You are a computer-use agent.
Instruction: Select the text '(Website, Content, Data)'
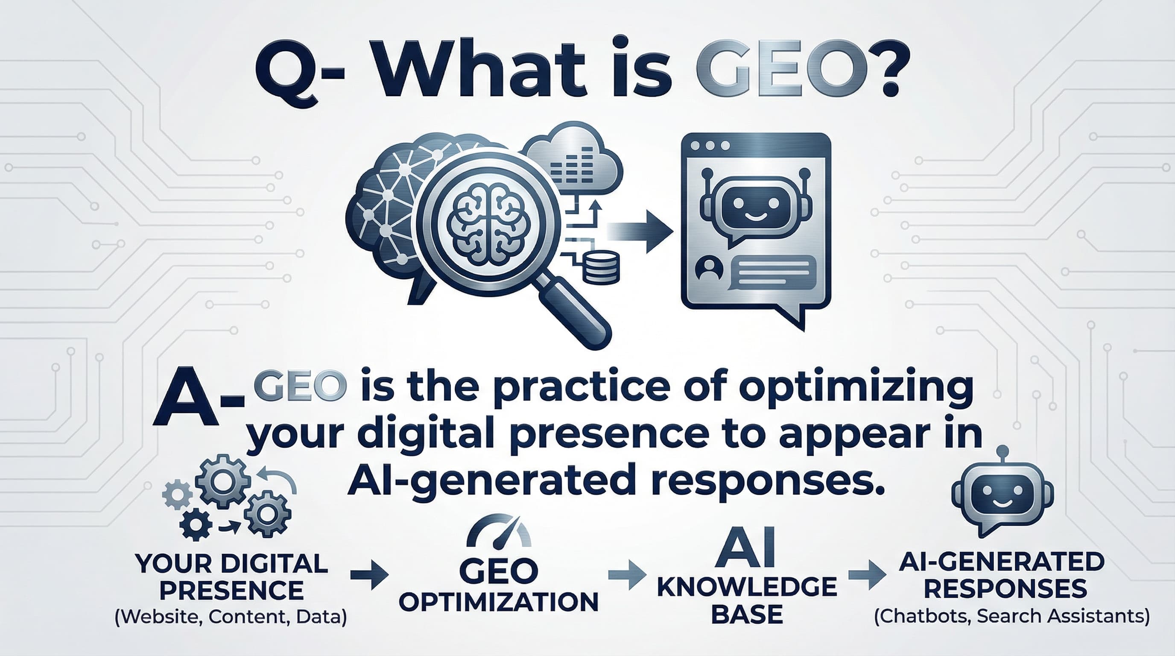[231, 617]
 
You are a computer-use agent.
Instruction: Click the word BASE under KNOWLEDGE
[747, 614]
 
